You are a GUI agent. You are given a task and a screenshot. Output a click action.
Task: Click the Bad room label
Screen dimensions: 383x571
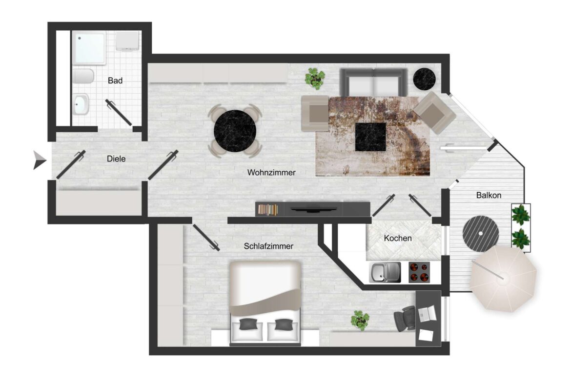[115, 81]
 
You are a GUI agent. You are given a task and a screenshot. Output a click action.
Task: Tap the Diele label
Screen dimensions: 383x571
[116, 159]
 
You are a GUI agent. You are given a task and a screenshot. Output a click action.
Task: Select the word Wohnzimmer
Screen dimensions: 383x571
[271, 172]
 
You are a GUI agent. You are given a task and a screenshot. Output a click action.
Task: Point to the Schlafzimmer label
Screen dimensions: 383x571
[268, 246]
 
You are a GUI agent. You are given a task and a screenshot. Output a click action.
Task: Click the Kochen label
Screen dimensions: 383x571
[398, 239]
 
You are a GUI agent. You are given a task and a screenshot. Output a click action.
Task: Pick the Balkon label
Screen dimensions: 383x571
[489, 195]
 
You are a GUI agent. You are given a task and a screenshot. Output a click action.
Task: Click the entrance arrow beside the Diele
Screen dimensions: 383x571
[39, 160]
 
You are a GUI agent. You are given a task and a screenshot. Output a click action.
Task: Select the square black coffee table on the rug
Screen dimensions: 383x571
[370, 137]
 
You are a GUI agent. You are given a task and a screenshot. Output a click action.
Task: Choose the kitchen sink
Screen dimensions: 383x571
[385, 272]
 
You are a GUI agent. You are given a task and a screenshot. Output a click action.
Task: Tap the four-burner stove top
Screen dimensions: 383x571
[418, 272]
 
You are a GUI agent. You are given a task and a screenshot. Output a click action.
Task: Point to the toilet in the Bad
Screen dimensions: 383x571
[83, 76]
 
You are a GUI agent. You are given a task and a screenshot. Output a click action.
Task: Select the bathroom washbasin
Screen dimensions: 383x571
[81, 103]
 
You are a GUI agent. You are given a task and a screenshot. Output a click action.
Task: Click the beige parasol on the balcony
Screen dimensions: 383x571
[504, 279]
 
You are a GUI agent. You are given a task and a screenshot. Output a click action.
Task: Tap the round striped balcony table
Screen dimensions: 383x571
[481, 233]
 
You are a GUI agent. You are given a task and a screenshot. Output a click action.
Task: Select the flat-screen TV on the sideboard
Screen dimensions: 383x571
[312, 209]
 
